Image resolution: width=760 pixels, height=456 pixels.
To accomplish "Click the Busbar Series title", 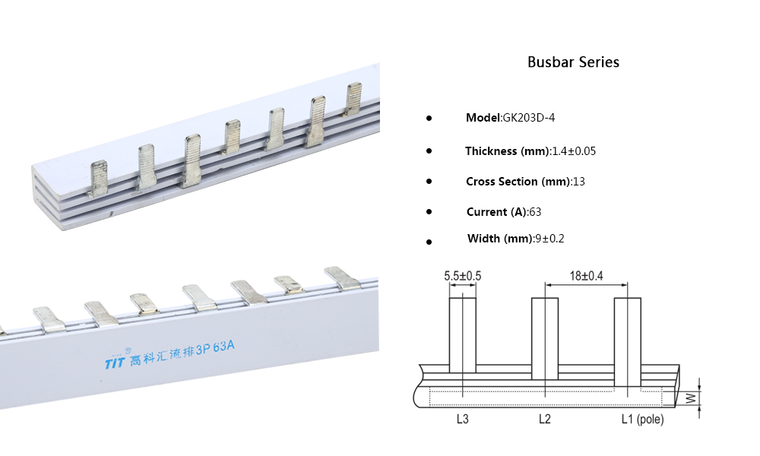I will (x=573, y=62).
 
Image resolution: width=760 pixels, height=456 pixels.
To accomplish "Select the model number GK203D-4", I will (x=533, y=118).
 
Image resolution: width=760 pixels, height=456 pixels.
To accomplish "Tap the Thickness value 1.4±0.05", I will (x=574, y=151).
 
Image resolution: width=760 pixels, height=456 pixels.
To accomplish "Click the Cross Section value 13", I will (x=579, y=182).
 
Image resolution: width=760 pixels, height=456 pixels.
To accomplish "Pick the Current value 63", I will (x=535, y=212).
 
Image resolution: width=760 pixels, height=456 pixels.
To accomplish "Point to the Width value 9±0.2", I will (x=549, y=239).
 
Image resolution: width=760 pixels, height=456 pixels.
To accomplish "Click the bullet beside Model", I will (x=429, y=119).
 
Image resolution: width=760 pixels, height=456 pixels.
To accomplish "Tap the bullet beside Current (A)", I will (x=429, y=212).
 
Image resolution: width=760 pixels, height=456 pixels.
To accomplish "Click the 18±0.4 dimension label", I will (x=585, y=276).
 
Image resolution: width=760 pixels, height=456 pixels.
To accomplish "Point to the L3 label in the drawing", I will (x=462, y=419).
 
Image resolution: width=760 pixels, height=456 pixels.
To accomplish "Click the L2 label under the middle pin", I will (x=544, y=419).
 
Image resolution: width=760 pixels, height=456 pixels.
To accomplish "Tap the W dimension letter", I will (x=690, y=397).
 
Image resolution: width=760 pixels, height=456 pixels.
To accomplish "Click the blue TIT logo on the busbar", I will (x=114, y=363).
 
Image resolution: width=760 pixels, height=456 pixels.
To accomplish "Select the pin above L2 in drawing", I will (x=544, y=338).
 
